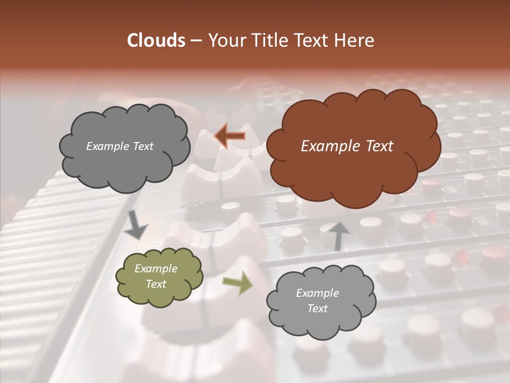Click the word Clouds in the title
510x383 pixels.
[156, 40]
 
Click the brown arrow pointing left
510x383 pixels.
[229, 136]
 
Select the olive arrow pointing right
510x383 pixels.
[238, 283]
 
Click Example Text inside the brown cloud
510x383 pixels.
[347, 146]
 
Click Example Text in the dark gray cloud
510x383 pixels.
[120, 146]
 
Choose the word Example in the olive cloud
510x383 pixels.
[156, 269]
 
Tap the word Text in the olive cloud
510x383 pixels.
[156, 284]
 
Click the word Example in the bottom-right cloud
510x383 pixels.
[317, 293]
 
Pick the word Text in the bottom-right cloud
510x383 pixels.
[317, 309]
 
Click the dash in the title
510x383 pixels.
[195, 40]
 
